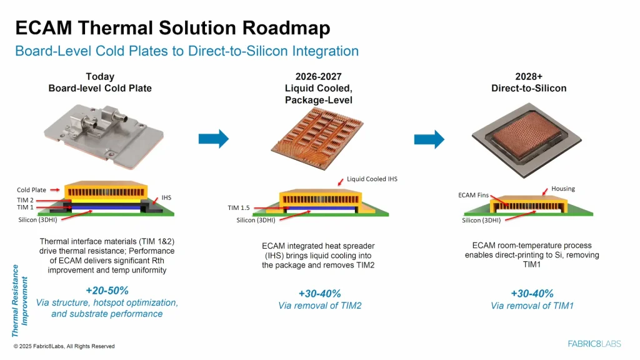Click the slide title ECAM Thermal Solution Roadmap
172,28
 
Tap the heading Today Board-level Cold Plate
100,82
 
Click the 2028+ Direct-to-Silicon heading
529,82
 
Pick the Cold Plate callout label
31,189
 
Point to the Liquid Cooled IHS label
372,179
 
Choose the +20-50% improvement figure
107,291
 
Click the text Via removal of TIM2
319,306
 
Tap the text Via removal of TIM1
532,306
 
